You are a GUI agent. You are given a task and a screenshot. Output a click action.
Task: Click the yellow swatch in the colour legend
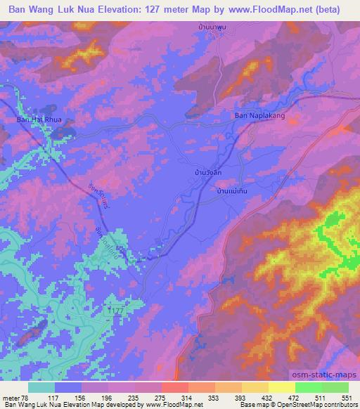point(281,387)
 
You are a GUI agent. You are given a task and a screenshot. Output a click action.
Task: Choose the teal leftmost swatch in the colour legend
point(41,387)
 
